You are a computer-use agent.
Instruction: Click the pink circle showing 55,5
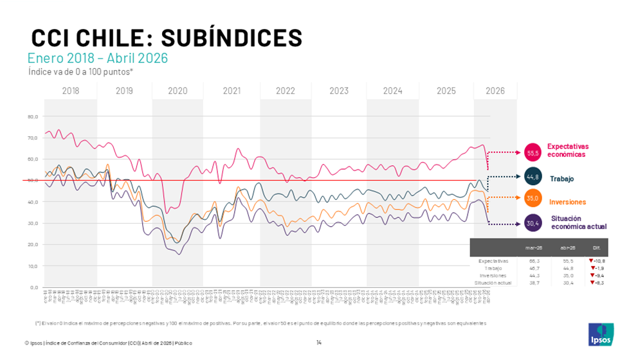pos(533,153)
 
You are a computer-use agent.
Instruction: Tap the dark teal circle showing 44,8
pos(533,177)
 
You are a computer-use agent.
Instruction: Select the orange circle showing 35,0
pos(533,199)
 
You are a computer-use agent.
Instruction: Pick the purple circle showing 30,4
pos(533,223)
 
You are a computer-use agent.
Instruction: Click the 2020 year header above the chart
pos(178,91)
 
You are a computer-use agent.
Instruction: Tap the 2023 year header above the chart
pos(339,91)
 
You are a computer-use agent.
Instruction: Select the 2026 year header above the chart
pos(495,91)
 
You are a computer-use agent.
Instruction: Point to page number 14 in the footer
pos(319,342)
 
